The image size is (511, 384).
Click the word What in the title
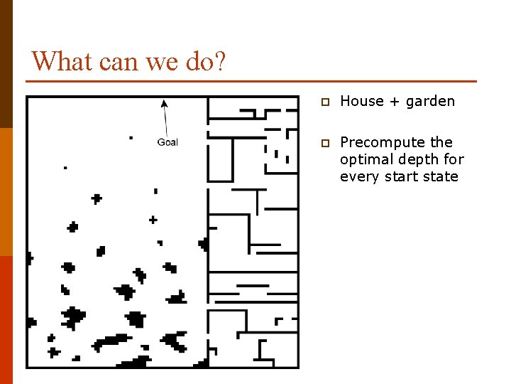62,61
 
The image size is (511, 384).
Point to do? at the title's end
207,61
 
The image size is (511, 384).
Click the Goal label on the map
167,142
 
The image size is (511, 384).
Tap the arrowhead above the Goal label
164,104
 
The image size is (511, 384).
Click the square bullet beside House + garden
324,102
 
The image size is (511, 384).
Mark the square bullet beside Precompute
324,143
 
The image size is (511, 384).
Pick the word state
441,176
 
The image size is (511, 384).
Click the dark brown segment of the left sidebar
6,64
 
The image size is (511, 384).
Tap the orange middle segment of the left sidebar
6,192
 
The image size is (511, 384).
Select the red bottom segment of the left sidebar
6,320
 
